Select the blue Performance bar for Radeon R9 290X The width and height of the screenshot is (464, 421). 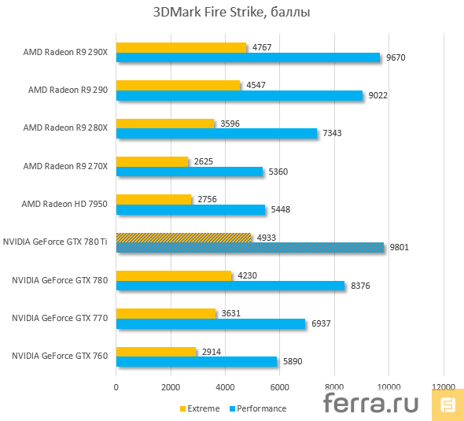click(248, 57)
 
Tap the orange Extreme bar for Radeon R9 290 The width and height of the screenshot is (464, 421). click(178, 85)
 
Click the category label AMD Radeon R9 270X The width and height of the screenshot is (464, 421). click(65, 166)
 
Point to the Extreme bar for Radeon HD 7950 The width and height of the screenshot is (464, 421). click(153, 199)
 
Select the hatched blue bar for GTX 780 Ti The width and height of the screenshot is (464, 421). click(250, 247)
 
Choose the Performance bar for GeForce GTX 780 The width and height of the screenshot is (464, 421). click(230, 285)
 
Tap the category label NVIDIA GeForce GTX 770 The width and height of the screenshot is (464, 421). click(60, 318)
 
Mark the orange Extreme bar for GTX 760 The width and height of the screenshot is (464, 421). click(156, 351)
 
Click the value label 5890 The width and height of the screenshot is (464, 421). click(293, 361)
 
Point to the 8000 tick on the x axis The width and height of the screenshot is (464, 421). click(334, 387)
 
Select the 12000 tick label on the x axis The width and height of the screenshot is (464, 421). click(443, 387)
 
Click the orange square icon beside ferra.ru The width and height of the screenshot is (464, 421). click(448, 404)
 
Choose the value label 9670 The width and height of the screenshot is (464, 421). click(396, 57)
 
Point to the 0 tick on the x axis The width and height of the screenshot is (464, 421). click(116, 387)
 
